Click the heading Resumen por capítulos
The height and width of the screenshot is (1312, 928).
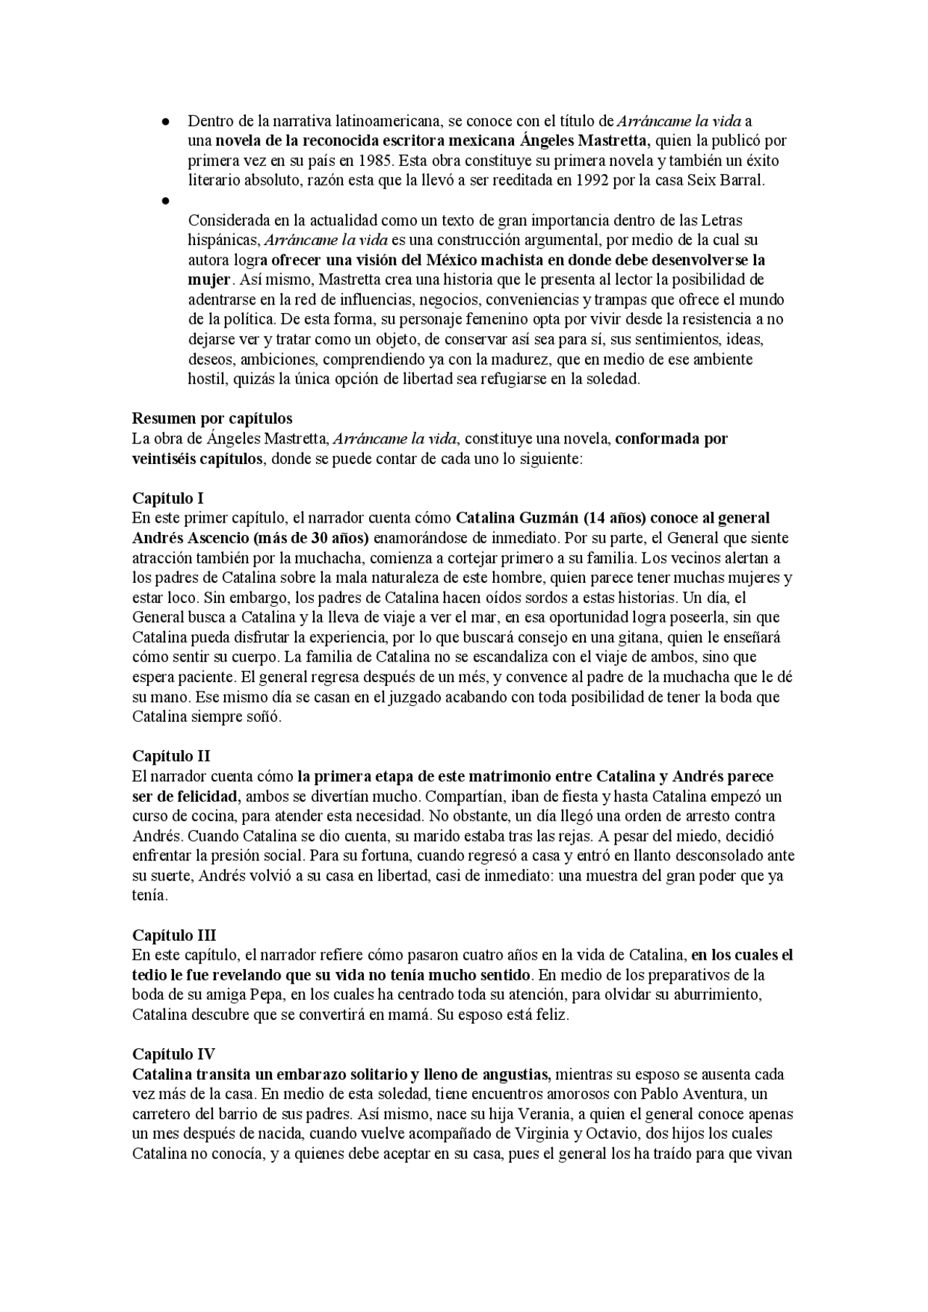click(212, 418)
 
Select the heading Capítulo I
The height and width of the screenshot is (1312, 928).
click(167, 498)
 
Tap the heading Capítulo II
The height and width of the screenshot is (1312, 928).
click(171, 756)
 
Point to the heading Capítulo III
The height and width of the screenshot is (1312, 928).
click(174, 935)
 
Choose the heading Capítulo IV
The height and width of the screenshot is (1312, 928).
click(173, 1054)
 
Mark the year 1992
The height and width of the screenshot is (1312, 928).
click(592, 180)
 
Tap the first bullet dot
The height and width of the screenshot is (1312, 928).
click(166, 121)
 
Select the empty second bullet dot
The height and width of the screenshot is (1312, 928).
click(166, 200)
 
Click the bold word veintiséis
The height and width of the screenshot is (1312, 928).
click(164, 459)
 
